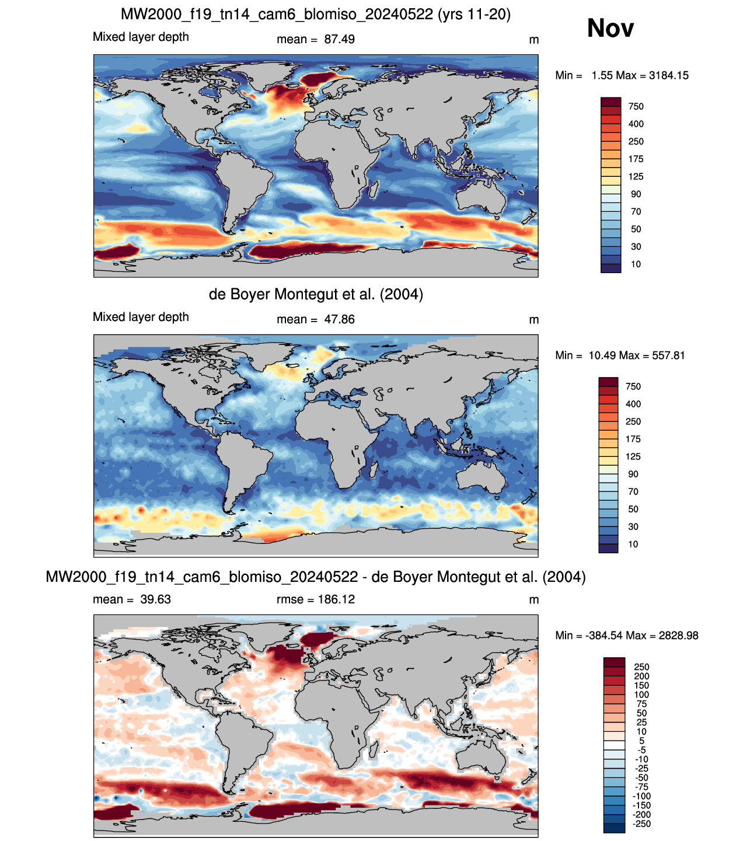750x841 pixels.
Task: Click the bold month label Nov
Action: click(x=610, y=28)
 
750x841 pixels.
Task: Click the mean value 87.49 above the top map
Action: click(x=339, y=40)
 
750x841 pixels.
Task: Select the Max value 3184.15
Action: click(x=668, y=75)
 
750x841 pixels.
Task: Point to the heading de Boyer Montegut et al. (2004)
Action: click(x=316, y=294)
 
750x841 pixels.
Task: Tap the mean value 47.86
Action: click(x=339, y=320)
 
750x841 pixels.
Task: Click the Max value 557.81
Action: click(x=668, y=356)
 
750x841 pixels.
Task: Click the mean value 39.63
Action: click(x=155, y=599)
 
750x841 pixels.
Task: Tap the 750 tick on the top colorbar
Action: click(x=636, y=107)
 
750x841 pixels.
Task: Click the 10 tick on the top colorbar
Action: click(x=636, y=264)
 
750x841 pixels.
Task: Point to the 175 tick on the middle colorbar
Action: click(x=633, y=439)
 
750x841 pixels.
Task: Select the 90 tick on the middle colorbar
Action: click(x=633, y=474)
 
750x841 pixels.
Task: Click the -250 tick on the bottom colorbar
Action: click(x=641, y=823)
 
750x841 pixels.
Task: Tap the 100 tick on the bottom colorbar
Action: click(x=641, y=694)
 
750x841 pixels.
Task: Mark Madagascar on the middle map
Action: click(x=373, y=470)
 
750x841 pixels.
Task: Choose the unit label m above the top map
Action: click(x=534, y=40)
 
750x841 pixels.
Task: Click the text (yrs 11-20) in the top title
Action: click(x=474, y=15)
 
